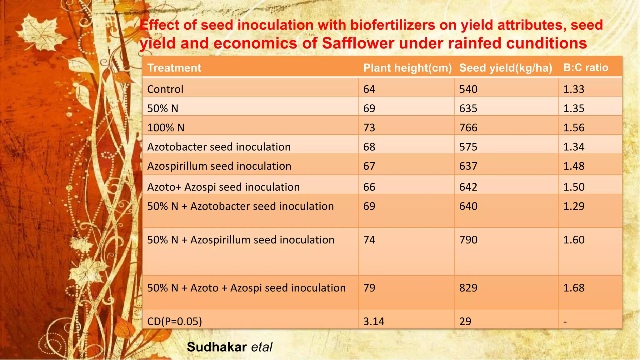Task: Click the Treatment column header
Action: click(x=174, y=68)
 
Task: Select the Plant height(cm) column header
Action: click(x=407, y=68)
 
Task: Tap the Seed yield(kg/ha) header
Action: click(x=506, y=68)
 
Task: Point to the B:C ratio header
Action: click(x=586, y=67)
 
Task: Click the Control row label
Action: click(x=165, y=89)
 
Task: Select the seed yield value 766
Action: click(x=468, y=127)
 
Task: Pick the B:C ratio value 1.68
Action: click(x=574, y=288)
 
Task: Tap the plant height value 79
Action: click(x=369, y=288)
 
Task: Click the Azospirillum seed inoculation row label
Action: click(x=219, y=166)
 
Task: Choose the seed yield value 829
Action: click(x=468, y=288)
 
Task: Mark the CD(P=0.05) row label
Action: click(x=174, y=321)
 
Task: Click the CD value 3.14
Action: click(x=374, y=321)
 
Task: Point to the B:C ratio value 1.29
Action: click(x=574, y=206)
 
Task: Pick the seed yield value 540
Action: click(x=468, y=89)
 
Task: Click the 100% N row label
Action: click(x=166, y=127)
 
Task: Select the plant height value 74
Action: click(x=369, y=240)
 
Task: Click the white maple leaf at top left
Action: click(x=42, y=31)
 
